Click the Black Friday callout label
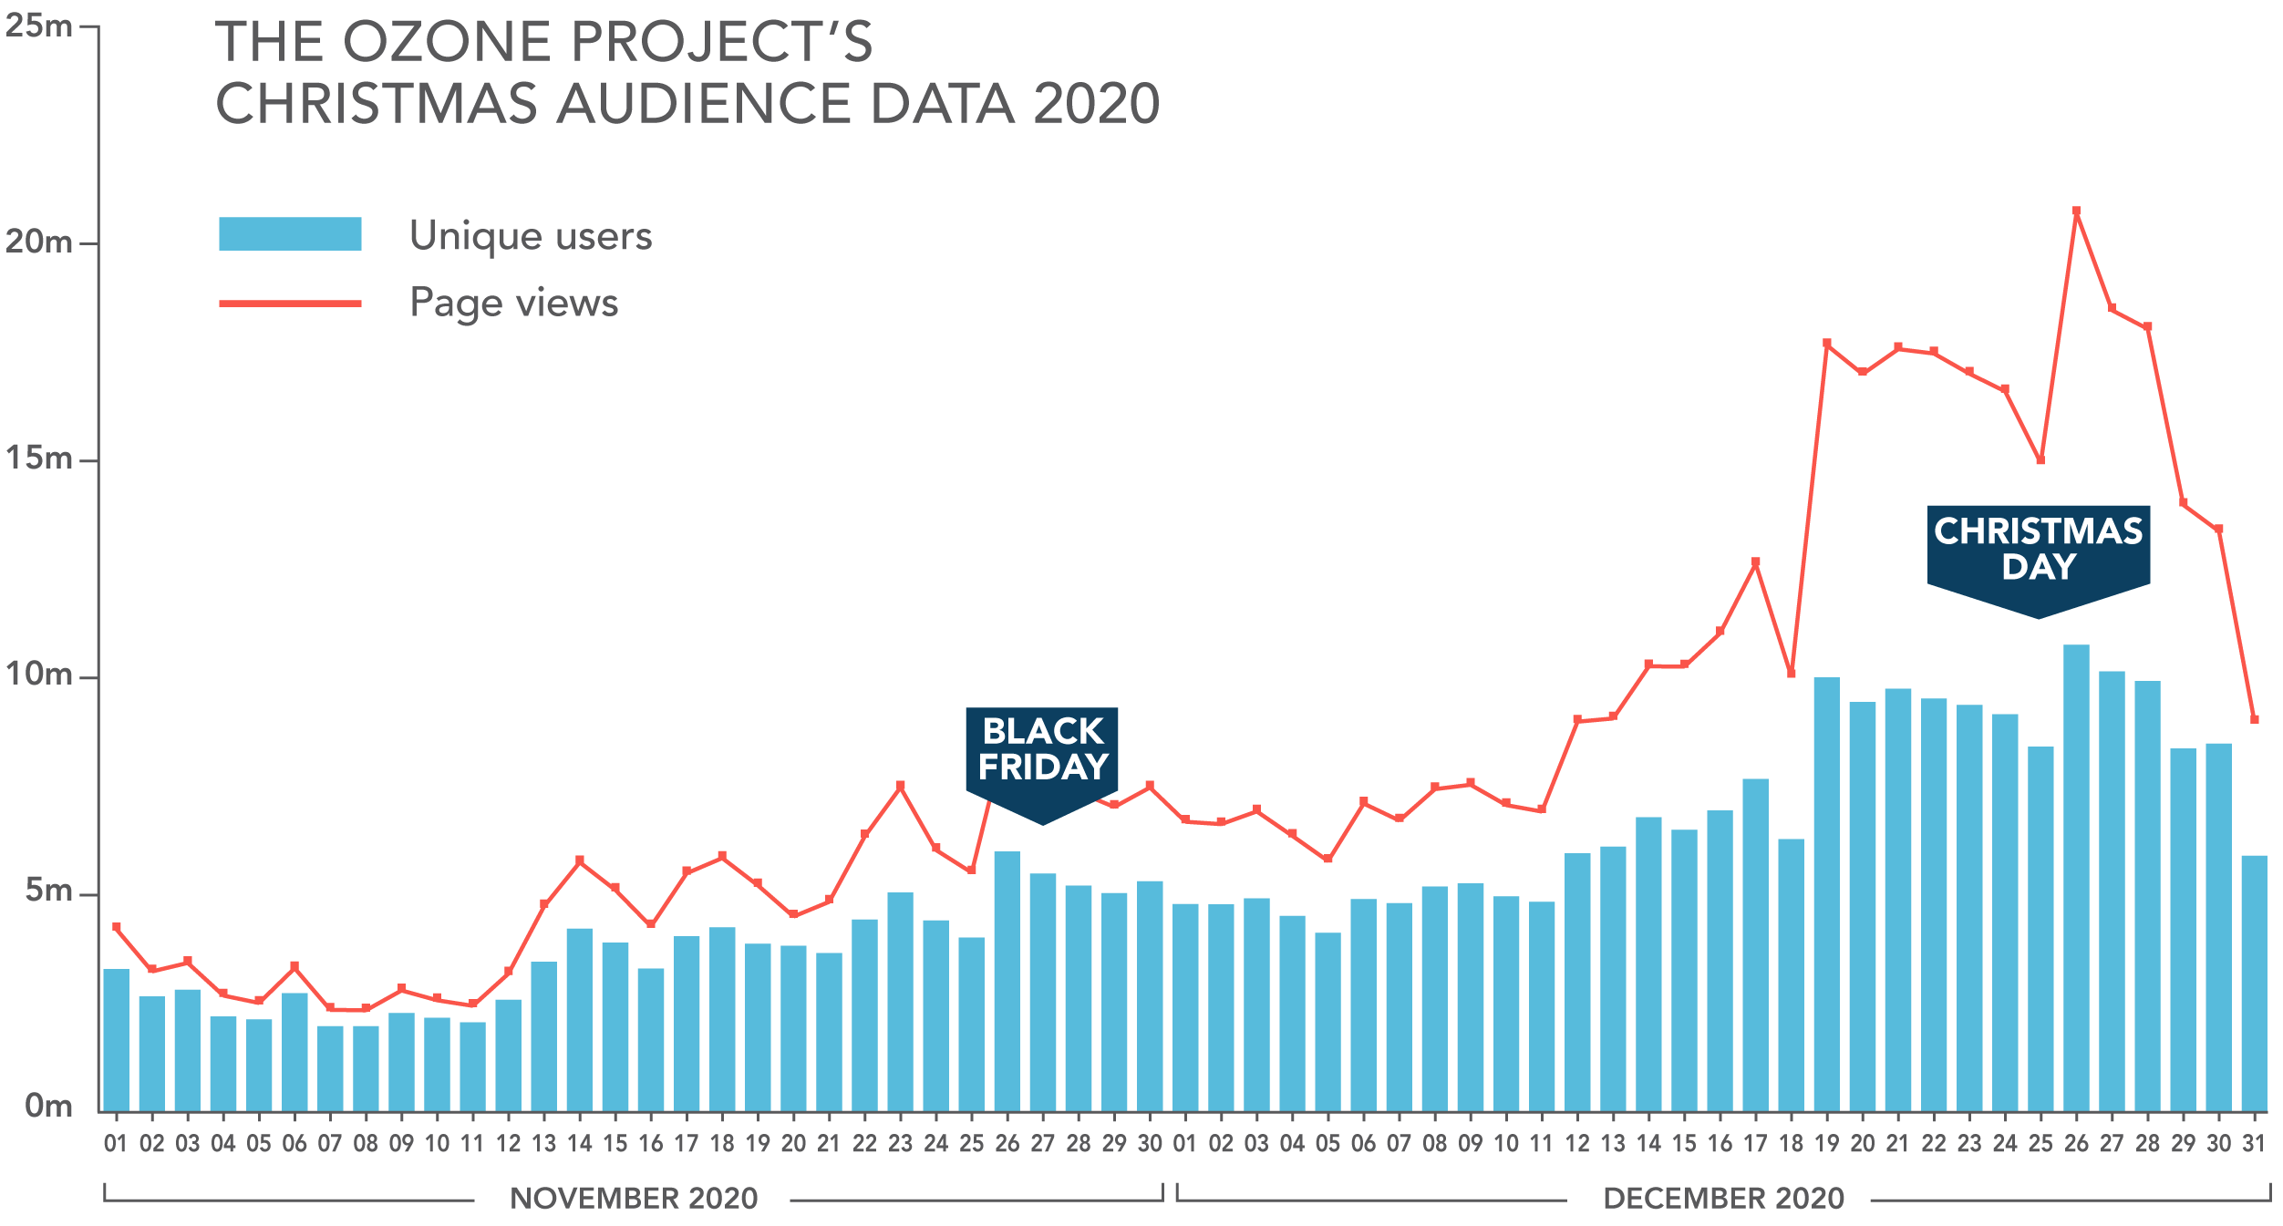click(1042, 750)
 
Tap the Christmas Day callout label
click(2039, 549)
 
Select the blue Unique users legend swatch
click(290, 233)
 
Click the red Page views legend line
click(290, 304)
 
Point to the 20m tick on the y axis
click(39, 242)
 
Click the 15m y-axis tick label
click(39, 458)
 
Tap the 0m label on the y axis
click(47, 1107)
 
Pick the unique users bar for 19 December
click(1826, 893)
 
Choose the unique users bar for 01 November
click(116, 1039)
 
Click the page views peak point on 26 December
click(2076, 211)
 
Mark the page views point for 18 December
click(1792, 674)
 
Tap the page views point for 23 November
click(901, 785)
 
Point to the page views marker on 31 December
click(2254, 719)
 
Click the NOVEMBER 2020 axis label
click(634, 1198)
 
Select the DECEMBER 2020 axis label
click(1723, 1198)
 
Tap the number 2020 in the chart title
click(1097, 103)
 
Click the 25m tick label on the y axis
click(39, 26)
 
